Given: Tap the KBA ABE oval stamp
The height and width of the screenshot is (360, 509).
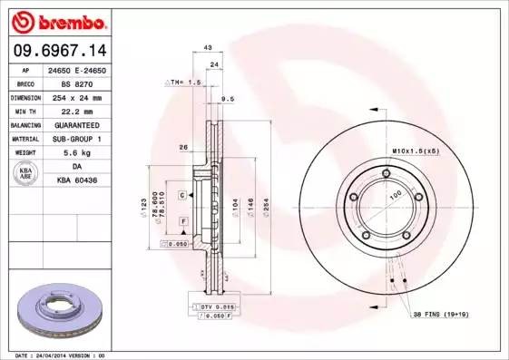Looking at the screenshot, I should [x=26, y=172].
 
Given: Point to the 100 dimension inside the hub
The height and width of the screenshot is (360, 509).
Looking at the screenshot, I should [x=396, y=193].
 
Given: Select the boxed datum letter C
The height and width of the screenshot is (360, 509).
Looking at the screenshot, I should [x=181, y=195].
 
